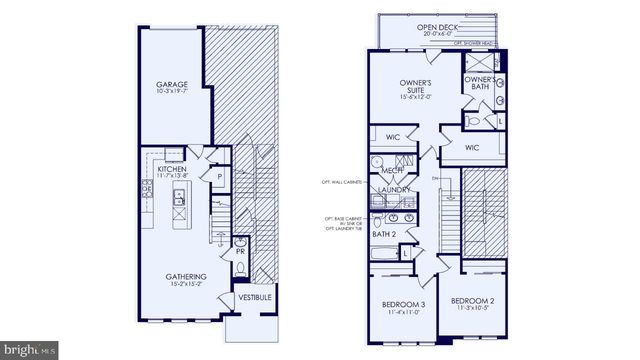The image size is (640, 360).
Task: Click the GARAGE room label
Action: (x=173, y=84)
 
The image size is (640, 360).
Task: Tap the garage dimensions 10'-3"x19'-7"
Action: (x=173, y=93)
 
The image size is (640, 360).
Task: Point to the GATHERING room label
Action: (x=187, y=276)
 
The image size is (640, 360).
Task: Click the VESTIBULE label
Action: (x=251, y=298)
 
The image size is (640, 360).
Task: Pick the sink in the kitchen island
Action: (x=180, y=196)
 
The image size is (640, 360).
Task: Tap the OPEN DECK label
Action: (x=438, y=27)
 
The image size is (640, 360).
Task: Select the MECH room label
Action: (x=392, y=171)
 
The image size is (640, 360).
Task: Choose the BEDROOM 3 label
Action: (x=403, y=304)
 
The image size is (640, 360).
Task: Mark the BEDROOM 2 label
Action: (x=472, y=300)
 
